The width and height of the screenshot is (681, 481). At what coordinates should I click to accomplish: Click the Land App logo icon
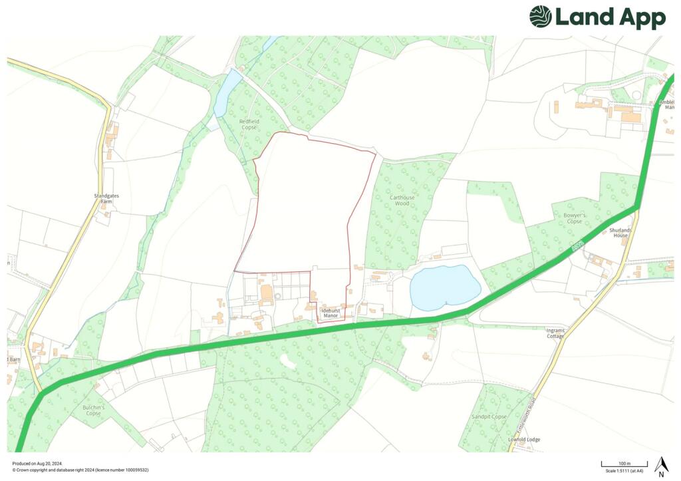pos(541,17)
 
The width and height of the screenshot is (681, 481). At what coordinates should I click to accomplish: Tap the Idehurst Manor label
pos(330,312)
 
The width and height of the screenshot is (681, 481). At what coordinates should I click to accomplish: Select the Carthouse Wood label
pos(402,200)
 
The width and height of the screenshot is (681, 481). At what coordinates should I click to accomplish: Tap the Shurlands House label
pos(620,233)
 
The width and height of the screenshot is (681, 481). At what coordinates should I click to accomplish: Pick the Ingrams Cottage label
pos(555,333)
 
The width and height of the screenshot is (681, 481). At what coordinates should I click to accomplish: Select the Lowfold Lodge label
pos(524,440)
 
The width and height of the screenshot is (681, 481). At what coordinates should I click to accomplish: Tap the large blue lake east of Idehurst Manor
pos(444,287)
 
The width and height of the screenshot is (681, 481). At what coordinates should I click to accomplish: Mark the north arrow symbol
pos(660,466)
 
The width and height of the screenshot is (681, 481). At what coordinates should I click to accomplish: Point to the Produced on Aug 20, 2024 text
pos(37,463)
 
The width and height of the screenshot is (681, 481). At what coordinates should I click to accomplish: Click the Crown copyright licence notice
pos(80,470)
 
